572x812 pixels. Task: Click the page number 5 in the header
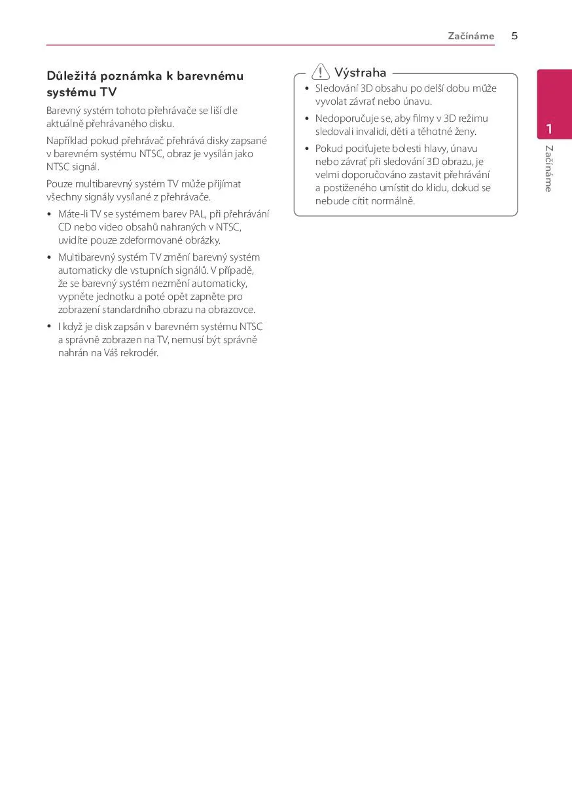tap(514, 36)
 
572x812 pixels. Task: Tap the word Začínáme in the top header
tap(471, 36)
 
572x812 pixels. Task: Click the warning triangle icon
tap(321, 72)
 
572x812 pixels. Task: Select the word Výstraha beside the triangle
tap(360, 73)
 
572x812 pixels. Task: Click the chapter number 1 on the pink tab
tap(550, 128)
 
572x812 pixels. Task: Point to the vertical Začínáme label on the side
tap(549, 168)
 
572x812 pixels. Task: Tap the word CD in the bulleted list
tap(64, 227)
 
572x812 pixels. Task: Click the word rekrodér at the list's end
tap(139, 353)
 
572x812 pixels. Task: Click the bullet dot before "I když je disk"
tap(49, 326)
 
